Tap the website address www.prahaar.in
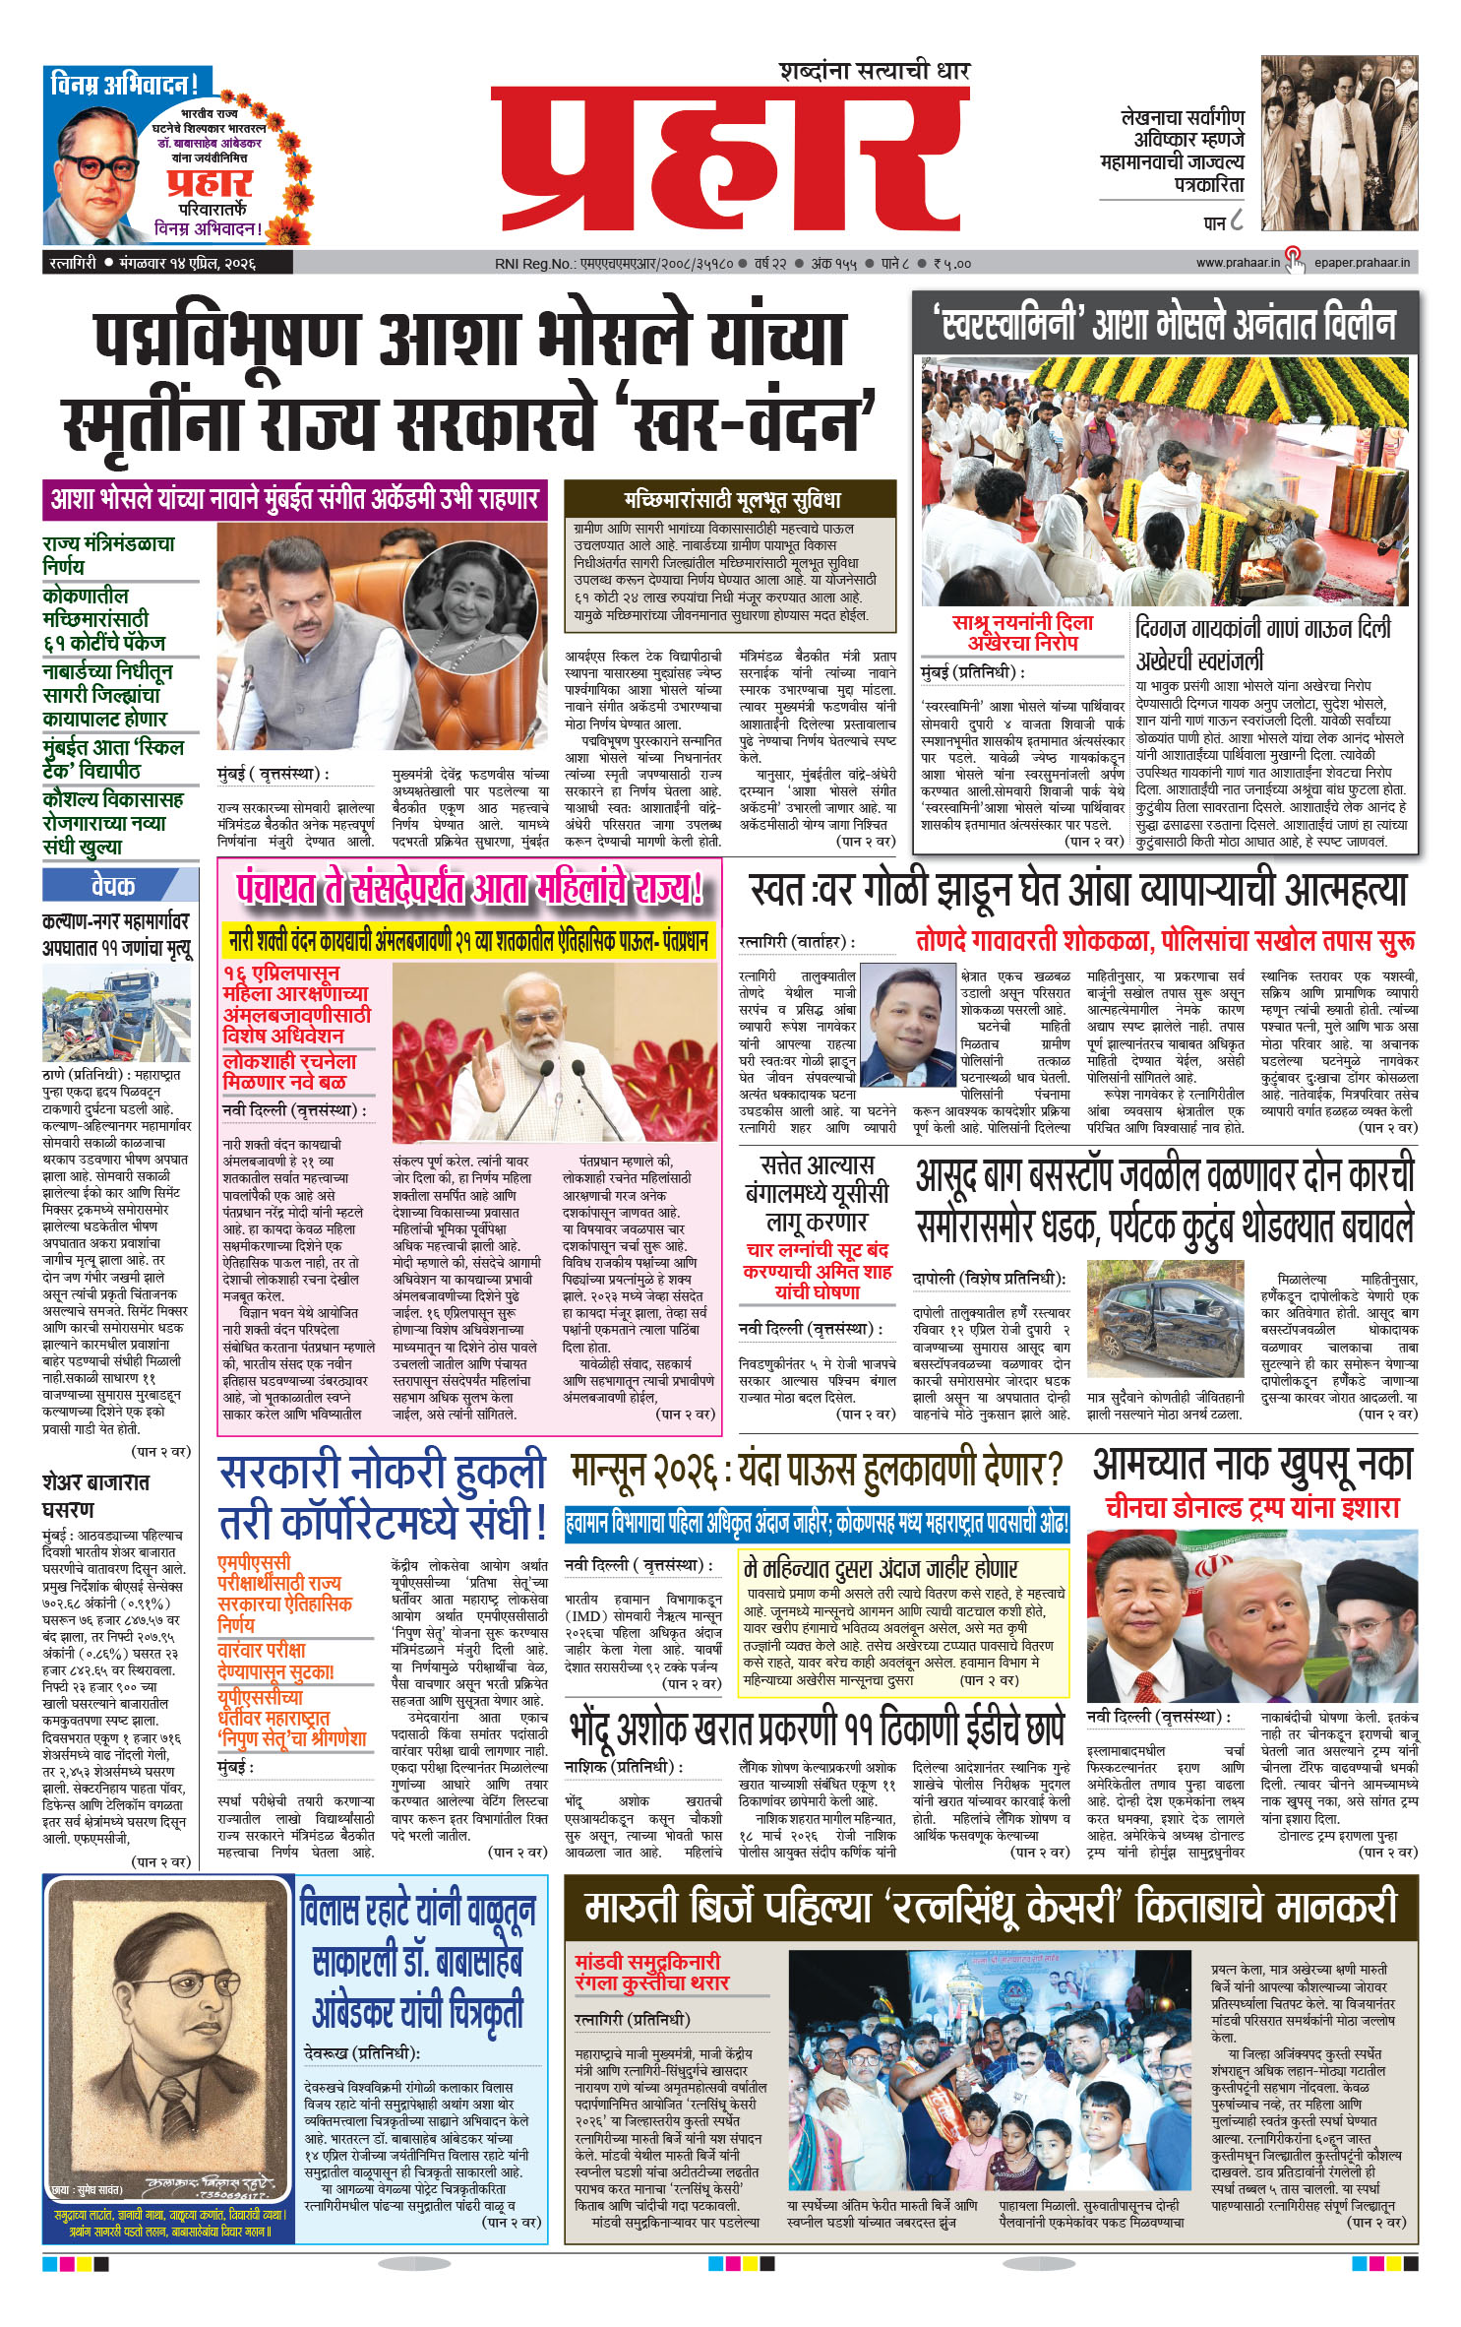[x=1237, y=263]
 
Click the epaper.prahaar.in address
[x=1362, y=263]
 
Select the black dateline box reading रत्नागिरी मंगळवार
[x=167, y=264]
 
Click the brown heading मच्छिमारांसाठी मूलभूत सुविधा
[x=731, y=498]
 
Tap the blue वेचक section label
[x=113, y=886]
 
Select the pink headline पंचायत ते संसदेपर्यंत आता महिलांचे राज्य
[x=469, y=890]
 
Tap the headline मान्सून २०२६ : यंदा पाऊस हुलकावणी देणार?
[x=818, y=1471]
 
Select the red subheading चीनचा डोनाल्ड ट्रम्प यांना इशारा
[x=1251, y=1507]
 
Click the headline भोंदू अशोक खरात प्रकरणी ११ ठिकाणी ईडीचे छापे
[x=818, y=1726]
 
